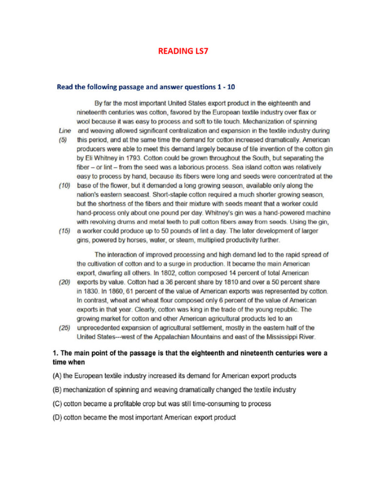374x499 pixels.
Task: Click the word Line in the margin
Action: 64,131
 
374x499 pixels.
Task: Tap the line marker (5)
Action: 63,139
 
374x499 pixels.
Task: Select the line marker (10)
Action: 64,186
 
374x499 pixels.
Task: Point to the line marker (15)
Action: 64,231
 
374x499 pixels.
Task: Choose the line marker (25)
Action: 64,327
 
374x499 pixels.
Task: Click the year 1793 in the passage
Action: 129,158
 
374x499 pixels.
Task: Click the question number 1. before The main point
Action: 55,353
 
